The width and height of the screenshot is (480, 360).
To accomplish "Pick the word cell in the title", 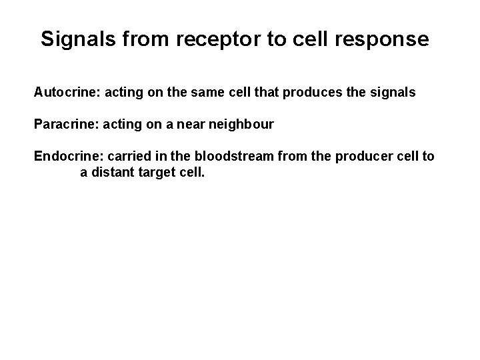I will click(313, 39).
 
